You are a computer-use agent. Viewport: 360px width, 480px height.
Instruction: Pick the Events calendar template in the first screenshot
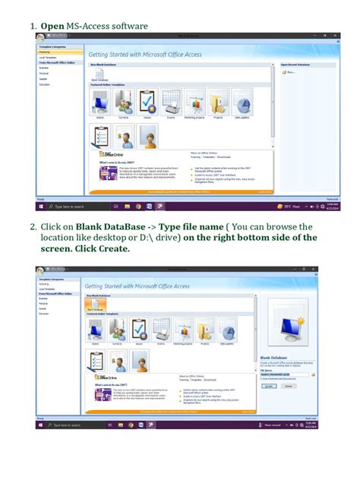tap(172, 103)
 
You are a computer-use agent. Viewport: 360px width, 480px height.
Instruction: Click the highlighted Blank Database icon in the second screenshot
tap(95, 305)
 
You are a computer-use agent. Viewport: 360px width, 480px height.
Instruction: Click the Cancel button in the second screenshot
tap(288, 386)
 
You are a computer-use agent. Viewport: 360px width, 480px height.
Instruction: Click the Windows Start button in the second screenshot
tap(39, 425)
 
